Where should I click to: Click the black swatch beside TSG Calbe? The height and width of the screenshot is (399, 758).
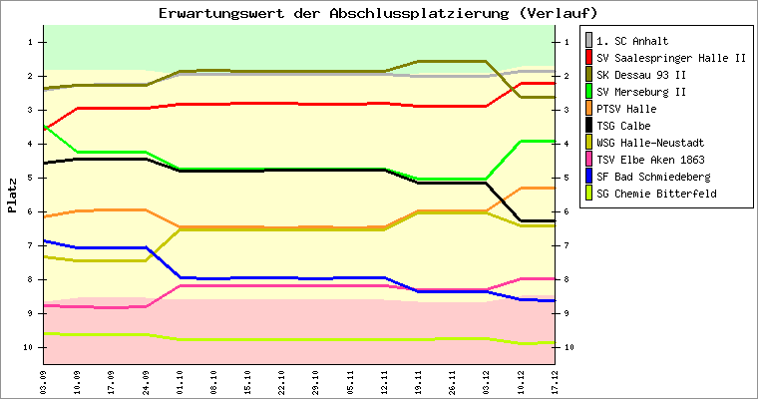[x=588, y=126]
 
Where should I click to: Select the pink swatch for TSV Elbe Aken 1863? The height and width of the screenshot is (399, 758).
[x=588, y=160]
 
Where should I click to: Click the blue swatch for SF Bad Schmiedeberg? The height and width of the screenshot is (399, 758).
[x=588, y=177]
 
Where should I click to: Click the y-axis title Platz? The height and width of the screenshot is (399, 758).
[x=12, y=196]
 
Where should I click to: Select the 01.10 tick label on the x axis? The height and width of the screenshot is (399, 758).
[x=181, y=381]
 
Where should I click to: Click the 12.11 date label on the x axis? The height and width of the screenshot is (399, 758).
[x=384, y=381]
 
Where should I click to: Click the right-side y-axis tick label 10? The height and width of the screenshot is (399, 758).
[x=569, y=347]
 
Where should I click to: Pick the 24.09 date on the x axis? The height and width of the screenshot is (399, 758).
[x=147, y=381]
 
